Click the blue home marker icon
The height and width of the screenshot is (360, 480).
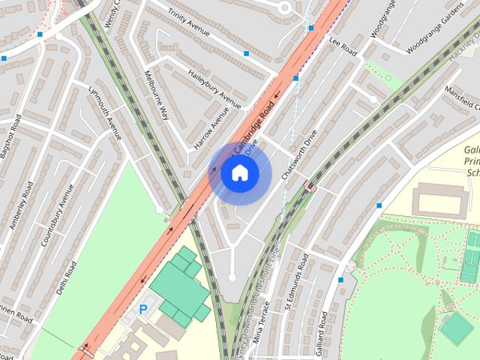[239, 173]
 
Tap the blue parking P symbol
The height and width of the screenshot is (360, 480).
[142, 308]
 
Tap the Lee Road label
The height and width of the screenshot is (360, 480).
[345, 48]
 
